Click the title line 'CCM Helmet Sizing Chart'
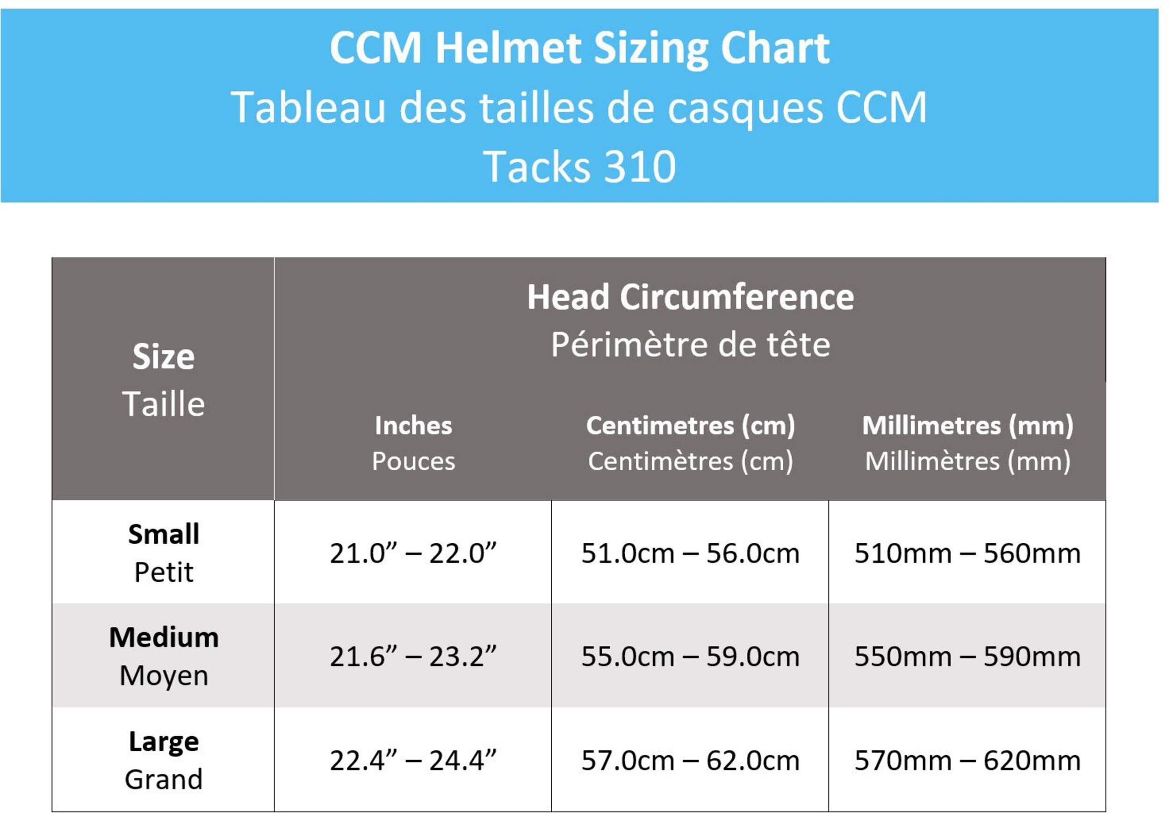point(579,48)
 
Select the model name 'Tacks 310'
point(579,166)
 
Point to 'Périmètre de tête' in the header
point(690,345)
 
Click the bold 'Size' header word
point(164,356)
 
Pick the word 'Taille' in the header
point(164,404)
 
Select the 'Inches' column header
point(413,425)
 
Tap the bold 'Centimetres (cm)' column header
point(690,425)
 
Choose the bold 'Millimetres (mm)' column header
point(967,425)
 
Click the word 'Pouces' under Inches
point(413,461)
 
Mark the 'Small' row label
point(164,534)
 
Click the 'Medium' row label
point(164,637)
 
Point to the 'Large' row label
point(164,741)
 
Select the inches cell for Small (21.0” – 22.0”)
point(413,554)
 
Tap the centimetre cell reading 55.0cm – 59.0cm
point(690,657)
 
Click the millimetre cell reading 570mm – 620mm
point(967,761)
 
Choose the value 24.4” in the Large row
point(462,761)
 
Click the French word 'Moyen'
point(164,676)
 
